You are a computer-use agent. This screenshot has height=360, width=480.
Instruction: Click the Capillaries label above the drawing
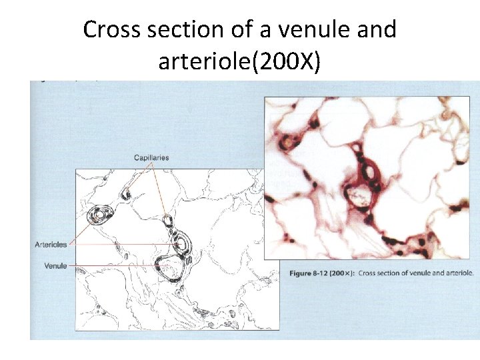[x=151, y=157]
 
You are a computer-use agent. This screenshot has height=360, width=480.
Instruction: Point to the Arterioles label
[x=51, y=245]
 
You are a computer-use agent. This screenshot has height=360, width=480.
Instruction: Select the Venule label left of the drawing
[x=55, y=266]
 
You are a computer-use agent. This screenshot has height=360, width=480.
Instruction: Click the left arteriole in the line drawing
[x=99, y=215]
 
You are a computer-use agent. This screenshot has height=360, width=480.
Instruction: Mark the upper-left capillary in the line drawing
[x=127, y=195]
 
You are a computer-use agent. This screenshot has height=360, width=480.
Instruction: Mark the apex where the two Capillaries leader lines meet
[x=153, y=164]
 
